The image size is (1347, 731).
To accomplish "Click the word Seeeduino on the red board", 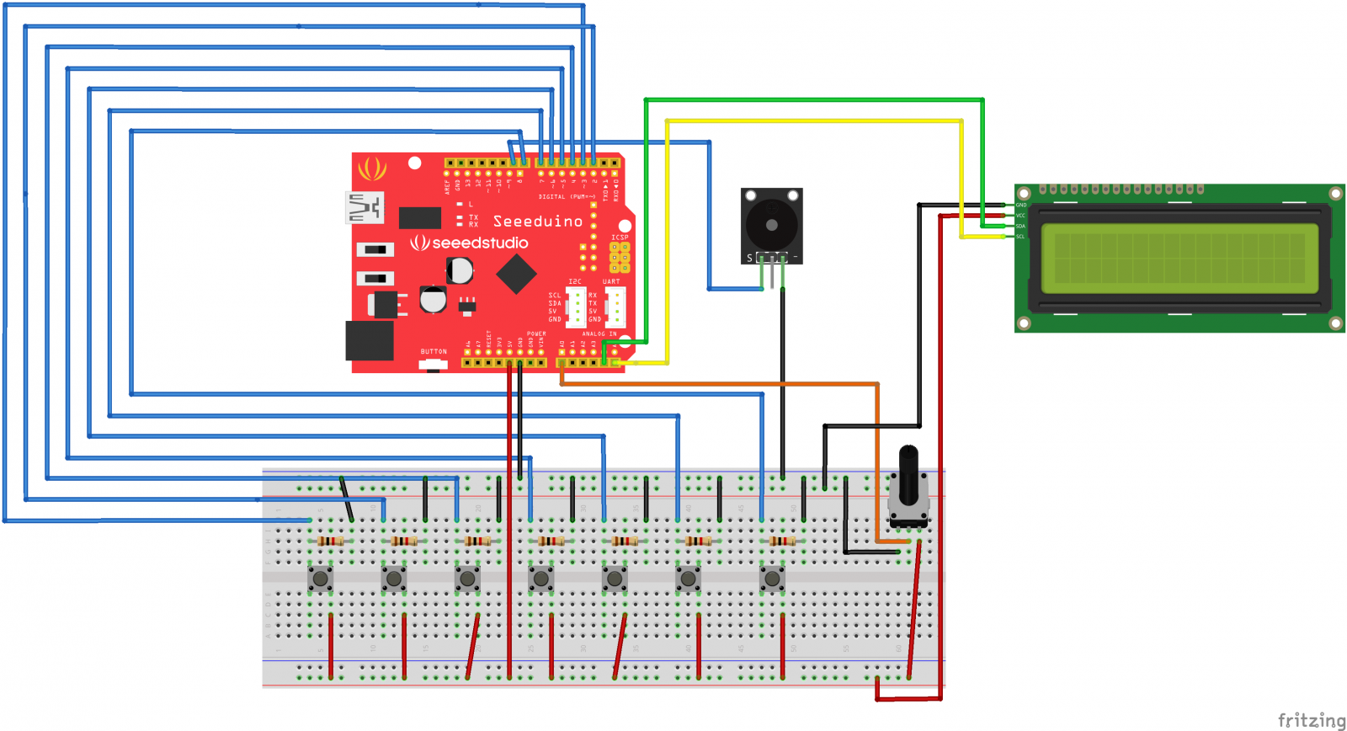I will point(538,221).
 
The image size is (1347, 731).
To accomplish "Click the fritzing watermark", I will point(1312,720).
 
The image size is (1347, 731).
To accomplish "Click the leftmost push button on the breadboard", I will point(320,579).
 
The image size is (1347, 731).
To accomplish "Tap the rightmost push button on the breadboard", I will point(772,579).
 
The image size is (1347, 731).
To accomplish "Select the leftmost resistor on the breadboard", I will point(331,541).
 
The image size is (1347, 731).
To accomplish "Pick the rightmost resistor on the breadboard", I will point(782,541).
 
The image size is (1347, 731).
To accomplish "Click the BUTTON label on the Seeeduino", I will point(434,351).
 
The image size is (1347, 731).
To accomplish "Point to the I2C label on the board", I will point(575,281).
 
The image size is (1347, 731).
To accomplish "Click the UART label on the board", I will point(611,281).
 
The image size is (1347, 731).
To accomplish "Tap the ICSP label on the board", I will point(620,237).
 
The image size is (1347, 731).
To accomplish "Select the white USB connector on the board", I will point(365,207).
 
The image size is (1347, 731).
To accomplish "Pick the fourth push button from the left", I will point(540,579).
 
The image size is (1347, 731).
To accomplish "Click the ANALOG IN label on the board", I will point(599,333).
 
